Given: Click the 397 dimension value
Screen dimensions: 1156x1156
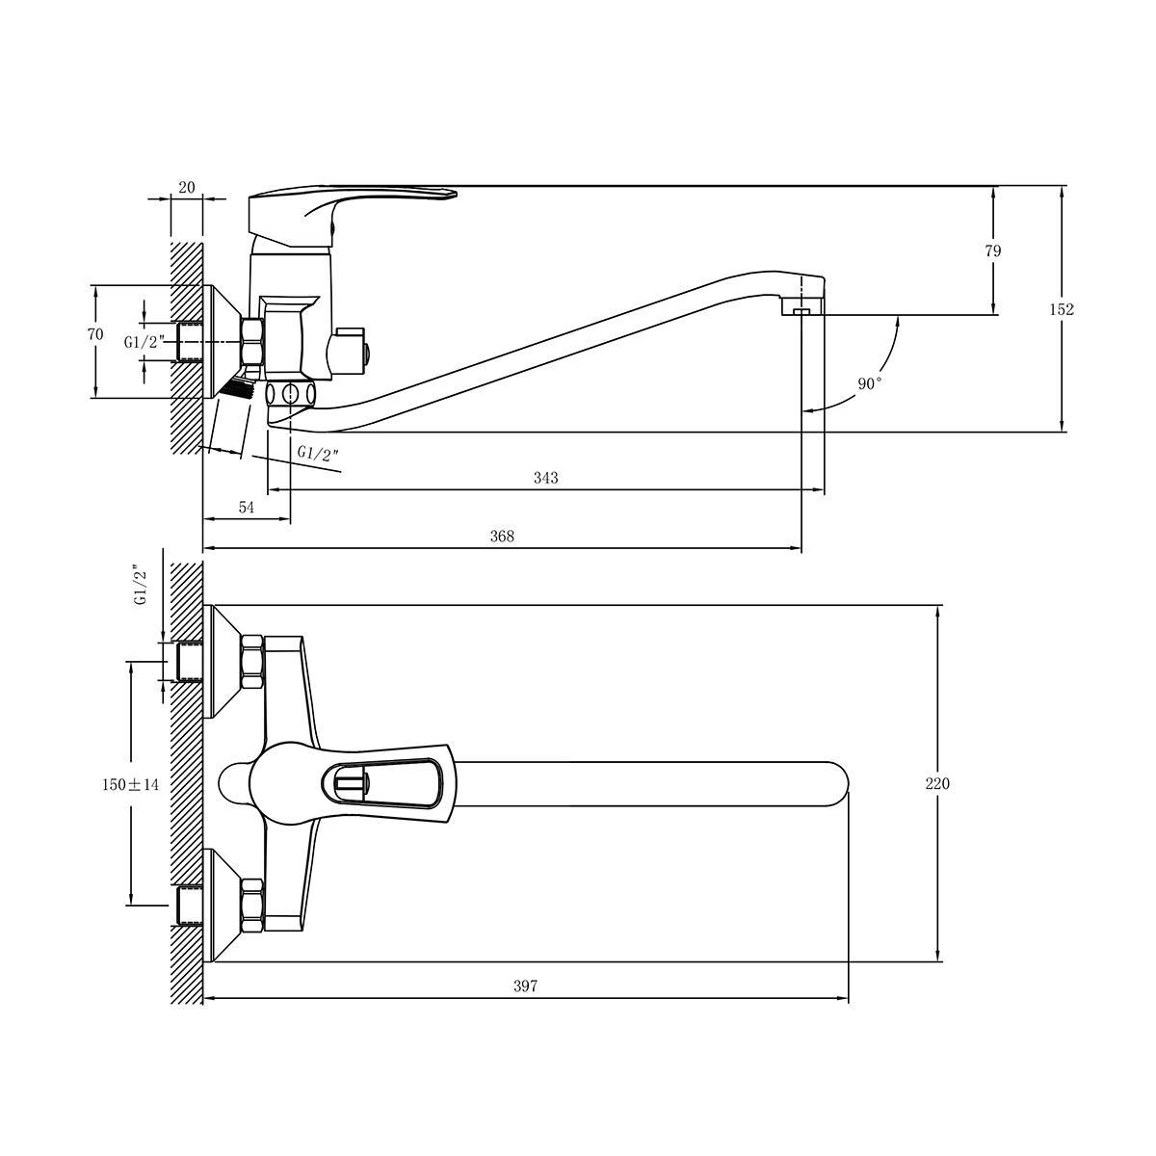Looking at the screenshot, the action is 525,985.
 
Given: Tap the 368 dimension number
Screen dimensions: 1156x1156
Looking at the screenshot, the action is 502,536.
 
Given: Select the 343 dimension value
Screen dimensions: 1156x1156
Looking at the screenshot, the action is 546,478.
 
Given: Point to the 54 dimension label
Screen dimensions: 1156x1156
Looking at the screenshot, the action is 247,507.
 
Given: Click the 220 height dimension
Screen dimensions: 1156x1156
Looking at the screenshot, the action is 937,783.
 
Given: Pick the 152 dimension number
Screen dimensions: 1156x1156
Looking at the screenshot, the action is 1062,309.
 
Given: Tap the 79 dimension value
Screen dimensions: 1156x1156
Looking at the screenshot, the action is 993,250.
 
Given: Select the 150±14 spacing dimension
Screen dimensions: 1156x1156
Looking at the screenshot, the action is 130,784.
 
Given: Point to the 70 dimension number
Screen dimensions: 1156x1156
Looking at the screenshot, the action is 95,334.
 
